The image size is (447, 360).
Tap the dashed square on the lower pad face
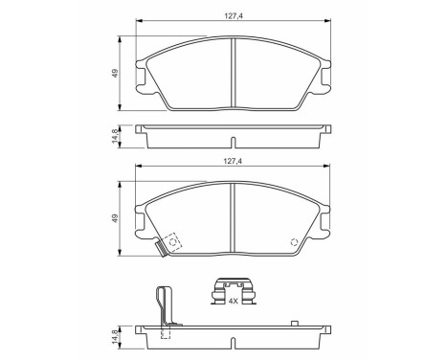tap(172, 242)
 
